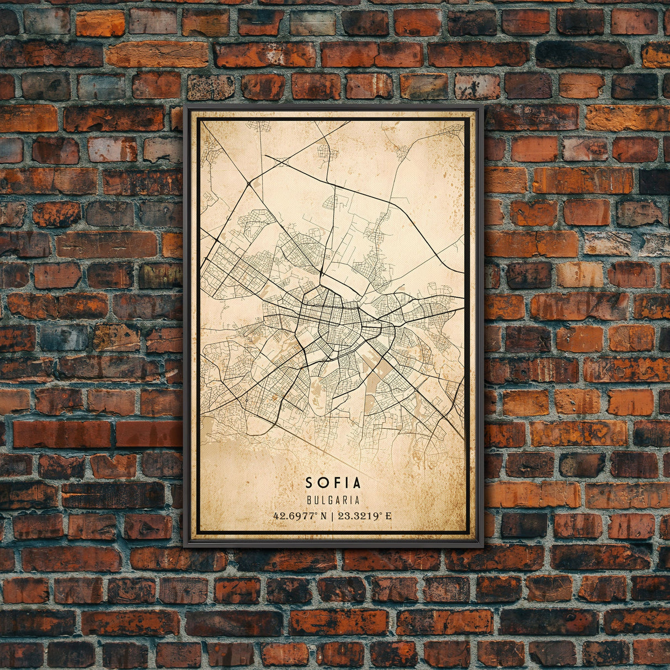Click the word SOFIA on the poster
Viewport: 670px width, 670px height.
[333, 483]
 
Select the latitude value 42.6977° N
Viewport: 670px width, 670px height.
[300, 517]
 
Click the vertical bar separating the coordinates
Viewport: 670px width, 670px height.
[333, 517]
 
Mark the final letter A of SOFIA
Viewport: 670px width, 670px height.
[357, 483]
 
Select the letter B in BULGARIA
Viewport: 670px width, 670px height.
[308, 501]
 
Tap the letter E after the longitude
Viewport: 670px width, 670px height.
[389, 517]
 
